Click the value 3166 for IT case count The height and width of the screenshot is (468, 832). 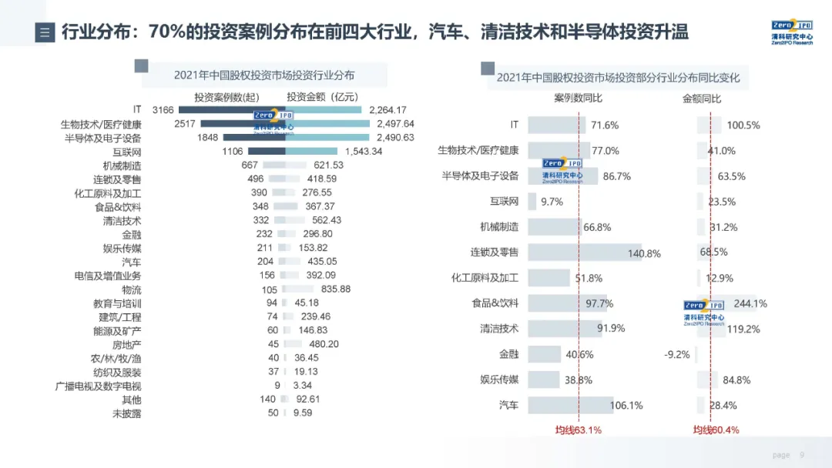point(163,110)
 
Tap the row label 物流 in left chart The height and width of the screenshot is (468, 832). point(131,289)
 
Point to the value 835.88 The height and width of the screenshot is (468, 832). point(336,289)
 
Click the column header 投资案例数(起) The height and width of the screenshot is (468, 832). point(226,97)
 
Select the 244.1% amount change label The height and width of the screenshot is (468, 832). point(750,304)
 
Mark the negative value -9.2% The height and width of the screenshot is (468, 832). point(676,355)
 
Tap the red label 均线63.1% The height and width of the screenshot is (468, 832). point(578,430)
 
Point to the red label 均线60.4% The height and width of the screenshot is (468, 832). point(716,430)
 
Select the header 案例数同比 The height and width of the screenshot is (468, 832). point(578,99)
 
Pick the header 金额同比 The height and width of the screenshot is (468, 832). point(702,99)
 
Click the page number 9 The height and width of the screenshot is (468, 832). point(802,455)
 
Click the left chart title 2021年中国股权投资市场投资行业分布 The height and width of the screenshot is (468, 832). point(264,75)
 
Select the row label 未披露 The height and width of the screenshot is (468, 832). point(127,413)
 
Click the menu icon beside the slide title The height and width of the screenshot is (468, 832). point(45,32)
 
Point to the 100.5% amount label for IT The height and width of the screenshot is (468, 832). point(743,125)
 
